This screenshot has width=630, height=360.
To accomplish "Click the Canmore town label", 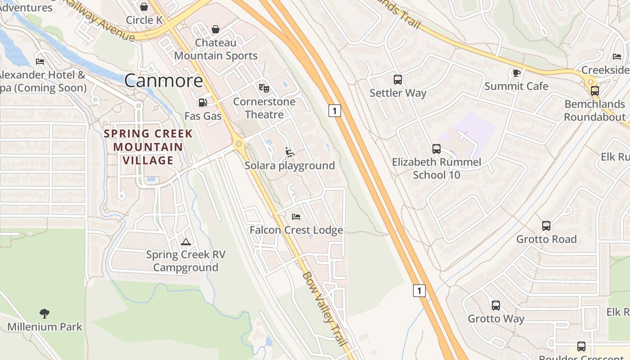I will [163, 81].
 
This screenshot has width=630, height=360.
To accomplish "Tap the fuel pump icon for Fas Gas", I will [203, 103].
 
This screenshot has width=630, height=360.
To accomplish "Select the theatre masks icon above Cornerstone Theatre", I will [264, 88].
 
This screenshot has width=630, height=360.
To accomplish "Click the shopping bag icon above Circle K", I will [144, 7].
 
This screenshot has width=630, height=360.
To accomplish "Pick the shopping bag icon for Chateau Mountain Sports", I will [216, 29].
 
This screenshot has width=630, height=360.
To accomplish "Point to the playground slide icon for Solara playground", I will [290, 152].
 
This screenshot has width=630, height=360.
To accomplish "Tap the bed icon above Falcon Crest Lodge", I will [296, 217].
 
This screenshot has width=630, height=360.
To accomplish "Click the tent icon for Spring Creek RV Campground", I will [185, 242].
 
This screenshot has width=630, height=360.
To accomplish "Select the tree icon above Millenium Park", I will [44, 313].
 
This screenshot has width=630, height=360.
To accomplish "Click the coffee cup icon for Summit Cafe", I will [516, 73].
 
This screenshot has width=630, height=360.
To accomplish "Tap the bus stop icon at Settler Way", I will [397, 80].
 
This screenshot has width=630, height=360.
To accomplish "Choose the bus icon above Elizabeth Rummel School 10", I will [436, 149].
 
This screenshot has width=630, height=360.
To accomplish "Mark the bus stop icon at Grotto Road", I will [546, 226].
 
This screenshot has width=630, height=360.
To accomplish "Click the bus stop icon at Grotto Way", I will [495, 306].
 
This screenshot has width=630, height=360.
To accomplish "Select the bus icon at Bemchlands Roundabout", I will [594, 91].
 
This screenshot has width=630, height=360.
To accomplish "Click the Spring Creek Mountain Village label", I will [148, 147].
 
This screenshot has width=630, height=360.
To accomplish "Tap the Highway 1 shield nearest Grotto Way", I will [419, 291].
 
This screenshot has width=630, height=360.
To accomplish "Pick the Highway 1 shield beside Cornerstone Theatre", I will [334, 110].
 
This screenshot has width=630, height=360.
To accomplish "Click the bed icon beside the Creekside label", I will [616, 57].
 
